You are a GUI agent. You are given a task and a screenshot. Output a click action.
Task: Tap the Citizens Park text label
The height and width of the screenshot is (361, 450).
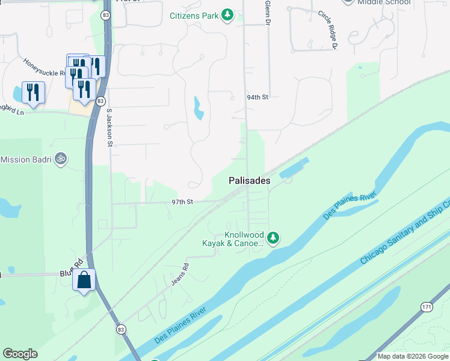pos(194,15)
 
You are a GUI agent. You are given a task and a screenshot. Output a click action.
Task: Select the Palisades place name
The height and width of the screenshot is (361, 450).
pos(249,180)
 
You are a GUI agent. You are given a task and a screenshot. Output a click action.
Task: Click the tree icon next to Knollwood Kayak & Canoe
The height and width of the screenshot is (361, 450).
pos(273,238)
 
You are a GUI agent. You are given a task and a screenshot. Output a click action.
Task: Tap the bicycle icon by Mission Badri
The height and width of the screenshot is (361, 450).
pos(60,159)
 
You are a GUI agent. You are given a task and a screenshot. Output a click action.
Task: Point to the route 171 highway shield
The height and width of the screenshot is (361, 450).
pos(426,307)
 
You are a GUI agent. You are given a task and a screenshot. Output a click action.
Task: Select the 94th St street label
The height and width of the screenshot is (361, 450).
pos(257,97)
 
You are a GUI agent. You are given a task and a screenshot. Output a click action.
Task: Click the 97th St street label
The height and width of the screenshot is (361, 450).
pos(182,202)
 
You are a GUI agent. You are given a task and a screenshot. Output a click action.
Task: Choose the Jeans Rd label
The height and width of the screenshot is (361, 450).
pos(179,274)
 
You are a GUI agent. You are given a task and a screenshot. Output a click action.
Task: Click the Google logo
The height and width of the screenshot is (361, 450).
pos(20,354)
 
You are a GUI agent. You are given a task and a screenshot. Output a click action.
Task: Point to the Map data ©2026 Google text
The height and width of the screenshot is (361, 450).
pos(412,356)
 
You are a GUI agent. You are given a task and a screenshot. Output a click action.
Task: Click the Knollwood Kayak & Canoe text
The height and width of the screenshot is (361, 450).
pos(235,239)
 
